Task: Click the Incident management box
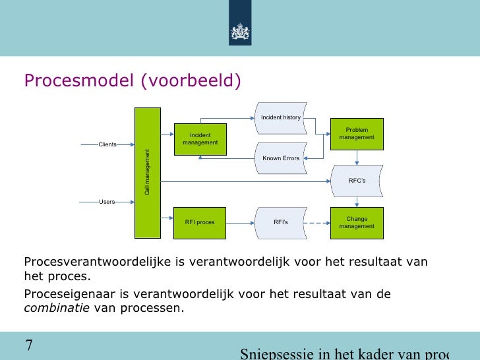click(200, 139)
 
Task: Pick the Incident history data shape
click(281, 117)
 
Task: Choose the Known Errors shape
click(281, 158)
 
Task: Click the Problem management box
click(357, 134)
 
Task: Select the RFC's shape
click(357, 181)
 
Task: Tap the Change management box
click(357, 223)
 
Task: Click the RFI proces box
click(200, 223)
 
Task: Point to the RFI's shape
click(281, 223)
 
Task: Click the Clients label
click(107, 144)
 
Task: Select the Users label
click(107, 202)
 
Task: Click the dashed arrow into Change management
click(318, 223)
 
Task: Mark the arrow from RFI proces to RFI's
click(241, 223)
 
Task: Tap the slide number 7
click(29, 345)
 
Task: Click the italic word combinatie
click(57, 307)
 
